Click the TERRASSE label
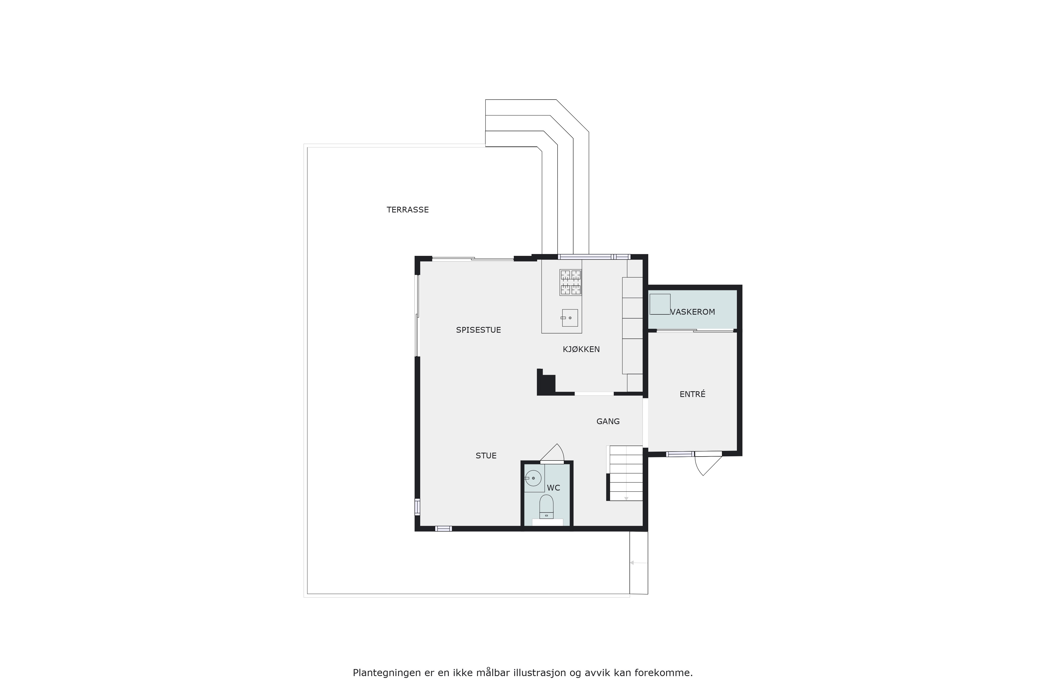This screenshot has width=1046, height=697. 407,210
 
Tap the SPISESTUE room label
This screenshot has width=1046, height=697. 479,330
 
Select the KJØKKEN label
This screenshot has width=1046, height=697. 581,349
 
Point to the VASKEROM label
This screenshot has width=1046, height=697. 692,312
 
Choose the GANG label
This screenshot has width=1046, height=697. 608,421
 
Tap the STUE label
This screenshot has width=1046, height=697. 486,456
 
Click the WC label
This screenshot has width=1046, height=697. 553,488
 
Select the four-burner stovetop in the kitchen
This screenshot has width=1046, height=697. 571,282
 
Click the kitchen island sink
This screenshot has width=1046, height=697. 570,318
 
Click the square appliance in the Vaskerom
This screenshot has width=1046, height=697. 660,304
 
